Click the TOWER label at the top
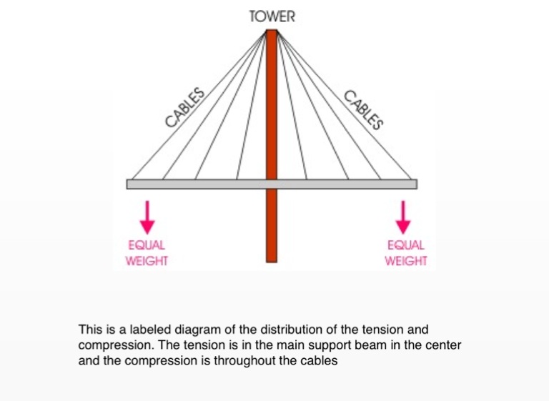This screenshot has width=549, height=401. coord(271,16)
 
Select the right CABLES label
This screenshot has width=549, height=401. coord(364,109)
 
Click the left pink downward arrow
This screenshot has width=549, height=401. coord(147,217)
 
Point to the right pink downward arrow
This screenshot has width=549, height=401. coord(404,217)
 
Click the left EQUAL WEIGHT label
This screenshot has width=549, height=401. coord(147,253)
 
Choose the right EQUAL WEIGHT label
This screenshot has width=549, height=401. coord(405,253)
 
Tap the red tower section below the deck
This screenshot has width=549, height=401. coord(271,225)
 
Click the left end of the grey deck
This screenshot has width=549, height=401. coord(130,184)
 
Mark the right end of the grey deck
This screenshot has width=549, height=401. coord(413,184)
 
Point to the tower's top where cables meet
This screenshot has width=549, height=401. coord(271,32)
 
